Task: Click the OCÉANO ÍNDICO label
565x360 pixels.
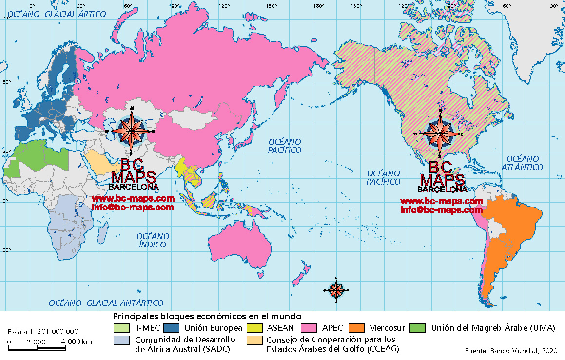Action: point(153,240)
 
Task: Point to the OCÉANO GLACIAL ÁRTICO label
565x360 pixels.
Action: point(57,14)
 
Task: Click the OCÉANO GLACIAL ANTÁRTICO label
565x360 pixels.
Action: point(106,303)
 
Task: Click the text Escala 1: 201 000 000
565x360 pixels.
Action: point(43,331)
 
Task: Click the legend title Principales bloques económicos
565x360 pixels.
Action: point(207,316)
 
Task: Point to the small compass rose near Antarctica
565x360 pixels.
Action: point(336,290)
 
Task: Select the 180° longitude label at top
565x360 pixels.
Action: point(319,6)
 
